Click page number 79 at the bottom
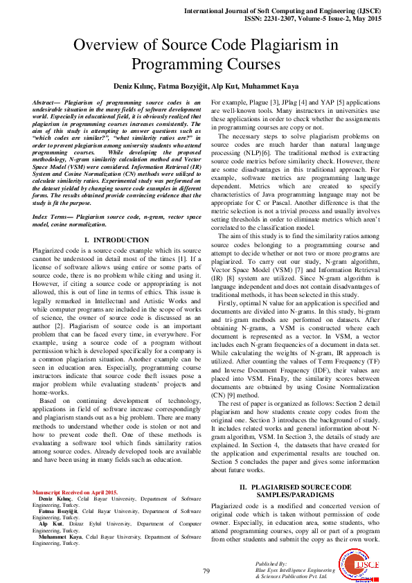coord(206,571)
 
